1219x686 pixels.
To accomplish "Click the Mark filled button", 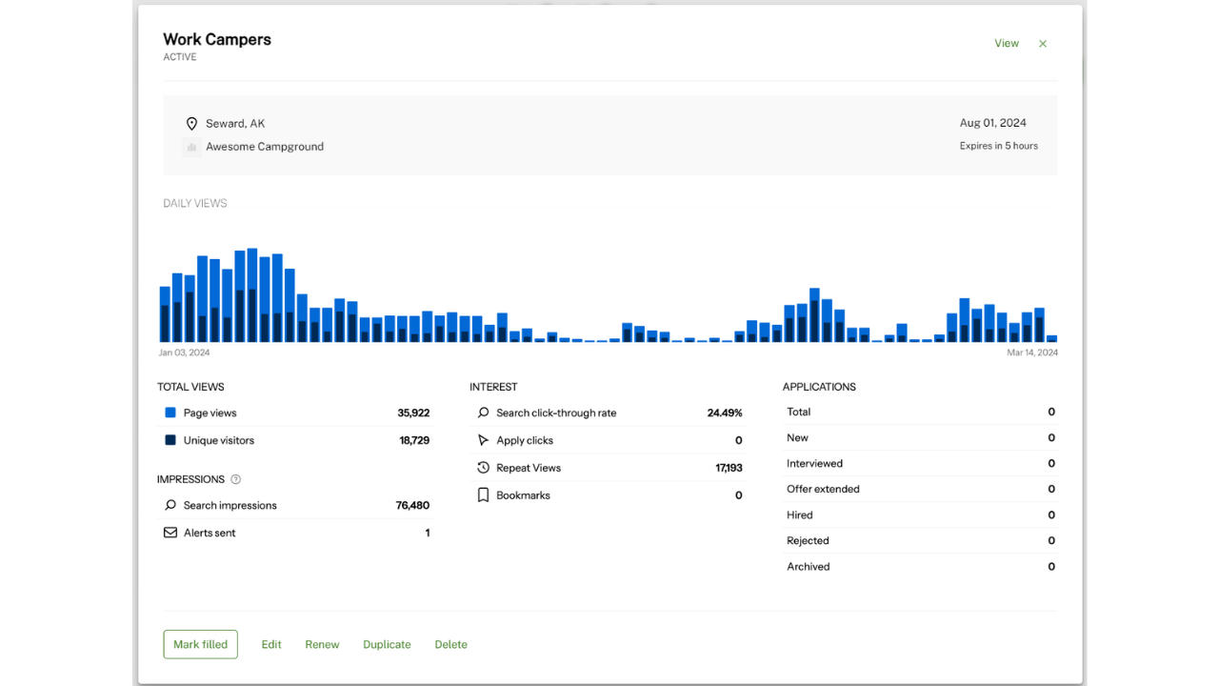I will click(200, 644).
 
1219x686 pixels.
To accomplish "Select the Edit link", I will click(271, 644).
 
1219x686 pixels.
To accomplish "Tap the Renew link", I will click(322, 644).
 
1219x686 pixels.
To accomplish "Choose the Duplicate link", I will click(387, 644).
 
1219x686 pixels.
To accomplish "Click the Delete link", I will click(450, 644).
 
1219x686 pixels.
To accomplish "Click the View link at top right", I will click(1007, 44).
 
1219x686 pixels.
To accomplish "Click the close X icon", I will click(1043, 44).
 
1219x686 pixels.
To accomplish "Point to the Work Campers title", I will click(217, 39).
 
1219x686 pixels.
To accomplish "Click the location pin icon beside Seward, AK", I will click(191, 124).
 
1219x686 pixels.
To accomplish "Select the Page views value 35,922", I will click(413, 413).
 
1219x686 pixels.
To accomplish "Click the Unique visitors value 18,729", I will click(414, 440).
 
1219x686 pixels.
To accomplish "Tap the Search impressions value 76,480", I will click(412, 505).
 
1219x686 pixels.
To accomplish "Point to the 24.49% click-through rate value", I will click(724, 413).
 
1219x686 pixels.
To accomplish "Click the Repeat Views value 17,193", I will click(729, 468).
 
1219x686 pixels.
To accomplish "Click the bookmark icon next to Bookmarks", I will click(483, 495).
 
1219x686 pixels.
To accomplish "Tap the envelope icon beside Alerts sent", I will click(170, 533).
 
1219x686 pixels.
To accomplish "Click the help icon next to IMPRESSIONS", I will click(236, 479).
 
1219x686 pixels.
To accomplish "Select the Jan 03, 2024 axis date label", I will click(184, 353).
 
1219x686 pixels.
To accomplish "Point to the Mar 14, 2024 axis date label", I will click(1032, 353).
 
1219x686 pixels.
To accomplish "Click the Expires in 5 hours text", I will click(998, 146).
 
